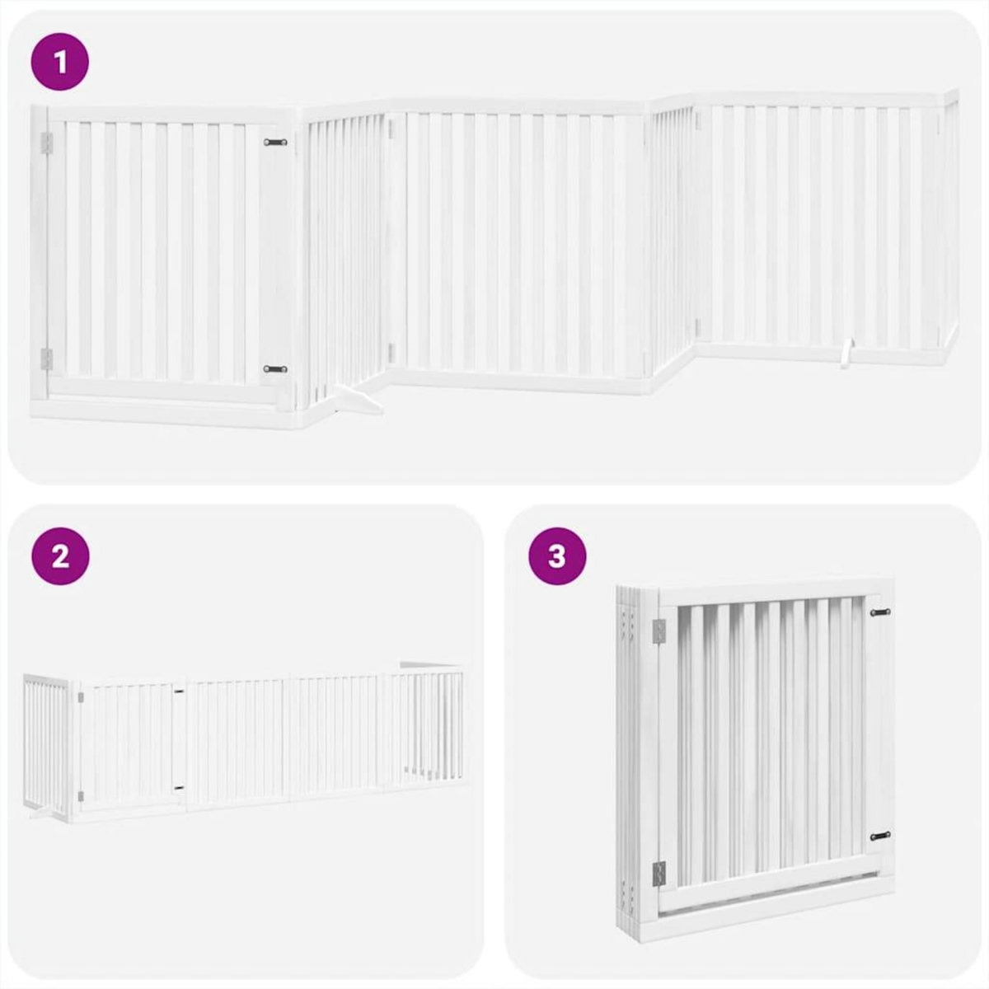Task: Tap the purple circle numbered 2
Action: pos(59,556)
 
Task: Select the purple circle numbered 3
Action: pos(557,556)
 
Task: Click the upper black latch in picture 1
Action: pos(275,143)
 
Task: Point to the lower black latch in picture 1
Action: pos(275,368)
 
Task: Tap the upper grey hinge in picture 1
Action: pos(47,142)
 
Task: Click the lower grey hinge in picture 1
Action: pos(47,359)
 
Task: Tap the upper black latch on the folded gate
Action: pos(880,612)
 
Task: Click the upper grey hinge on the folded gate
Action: pos(659,631)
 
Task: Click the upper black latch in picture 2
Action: pos(179,691)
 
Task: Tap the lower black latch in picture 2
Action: pos(179,788)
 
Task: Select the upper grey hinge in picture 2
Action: pos(79,697)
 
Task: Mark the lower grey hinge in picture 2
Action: pos(79,795)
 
